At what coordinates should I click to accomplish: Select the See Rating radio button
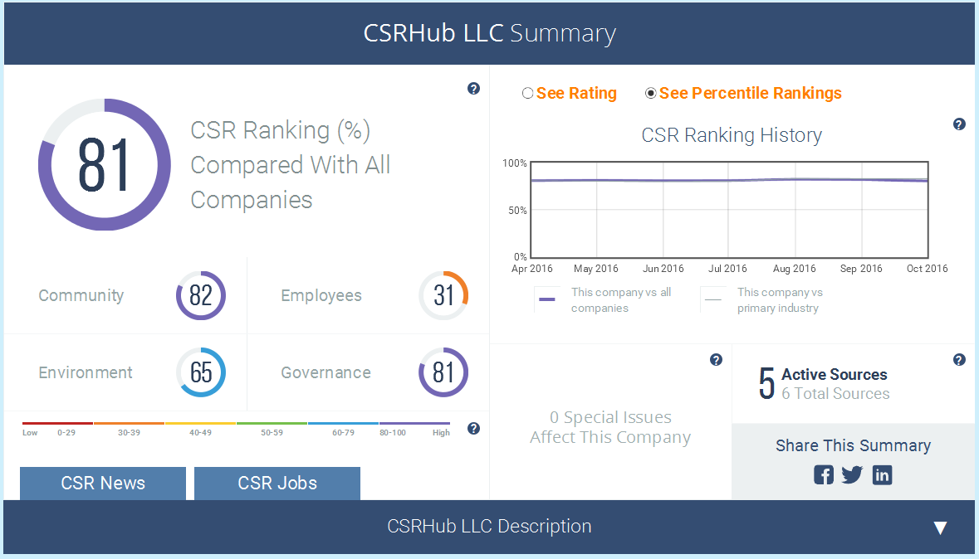527,93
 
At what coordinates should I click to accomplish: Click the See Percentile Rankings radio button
650,93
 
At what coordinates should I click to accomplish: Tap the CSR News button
103,483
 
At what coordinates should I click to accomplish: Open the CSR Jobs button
277,483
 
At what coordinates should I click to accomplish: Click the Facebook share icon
824,474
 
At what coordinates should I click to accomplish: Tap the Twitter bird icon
852,474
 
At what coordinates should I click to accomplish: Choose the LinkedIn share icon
882,474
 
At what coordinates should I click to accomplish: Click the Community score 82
200,295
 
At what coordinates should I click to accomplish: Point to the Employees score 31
443,295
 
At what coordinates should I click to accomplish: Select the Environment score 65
200,372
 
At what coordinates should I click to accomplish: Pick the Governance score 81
443,372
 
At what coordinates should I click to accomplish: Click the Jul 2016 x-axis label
727,268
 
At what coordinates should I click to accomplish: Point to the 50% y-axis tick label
517,211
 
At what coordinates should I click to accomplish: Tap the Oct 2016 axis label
928,268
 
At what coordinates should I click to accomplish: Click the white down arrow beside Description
940,527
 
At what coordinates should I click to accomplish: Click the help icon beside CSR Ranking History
960,124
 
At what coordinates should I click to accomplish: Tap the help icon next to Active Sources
960,359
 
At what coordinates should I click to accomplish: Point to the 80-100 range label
393,432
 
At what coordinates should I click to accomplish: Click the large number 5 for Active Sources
766,383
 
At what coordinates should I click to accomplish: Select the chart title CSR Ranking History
732,135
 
